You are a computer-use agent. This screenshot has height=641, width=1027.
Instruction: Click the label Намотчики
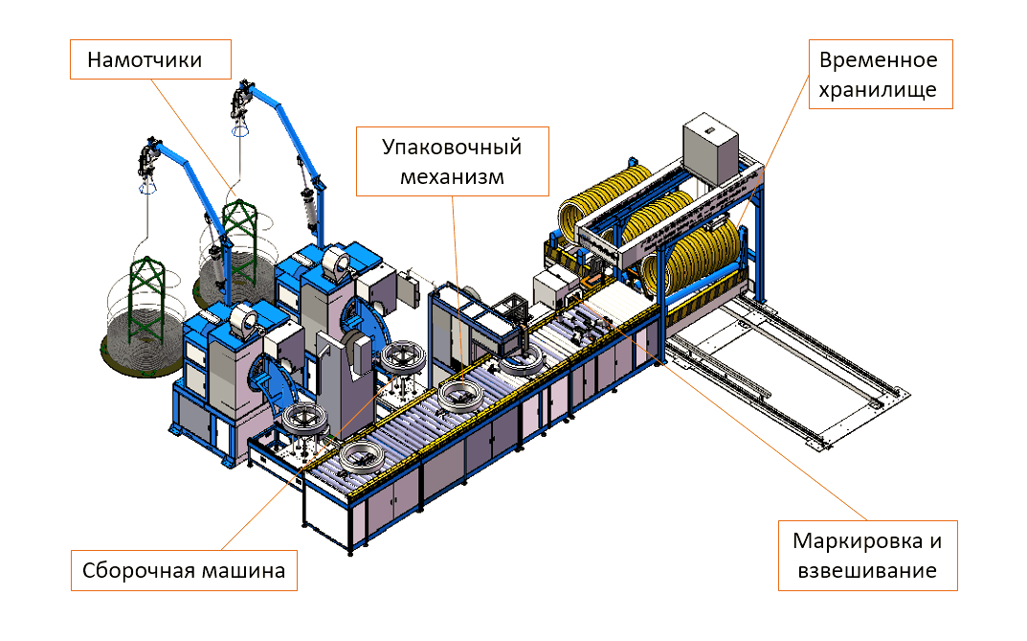145,60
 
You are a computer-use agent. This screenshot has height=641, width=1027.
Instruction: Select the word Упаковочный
452,148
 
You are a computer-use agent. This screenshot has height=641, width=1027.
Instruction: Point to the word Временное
878,61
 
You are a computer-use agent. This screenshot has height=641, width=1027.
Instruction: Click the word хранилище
878,90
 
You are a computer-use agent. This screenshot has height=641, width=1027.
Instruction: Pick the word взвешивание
867,571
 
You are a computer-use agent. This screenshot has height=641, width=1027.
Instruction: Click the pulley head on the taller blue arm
243,99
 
